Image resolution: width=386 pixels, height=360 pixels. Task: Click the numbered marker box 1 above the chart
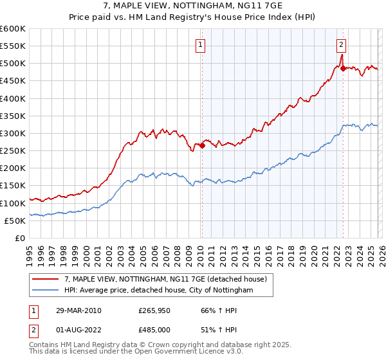pyautogui.click(x=201, y=45)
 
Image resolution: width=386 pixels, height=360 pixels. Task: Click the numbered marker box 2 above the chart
pyautogui.click(x=341, y=45)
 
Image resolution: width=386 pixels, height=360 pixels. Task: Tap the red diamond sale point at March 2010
pyautogui.click(x=202, y=145)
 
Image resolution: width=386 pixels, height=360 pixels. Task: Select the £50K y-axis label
pyautogui.click(x=15, y=221)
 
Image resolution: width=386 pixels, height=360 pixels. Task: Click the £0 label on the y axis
pyautogui.click(x=19, y=238)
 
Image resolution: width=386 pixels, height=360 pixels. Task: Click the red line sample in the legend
pyautogui.click(x=46, y=279)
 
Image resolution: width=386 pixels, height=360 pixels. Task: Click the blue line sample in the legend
pyautogui.click(x=46, y=291)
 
